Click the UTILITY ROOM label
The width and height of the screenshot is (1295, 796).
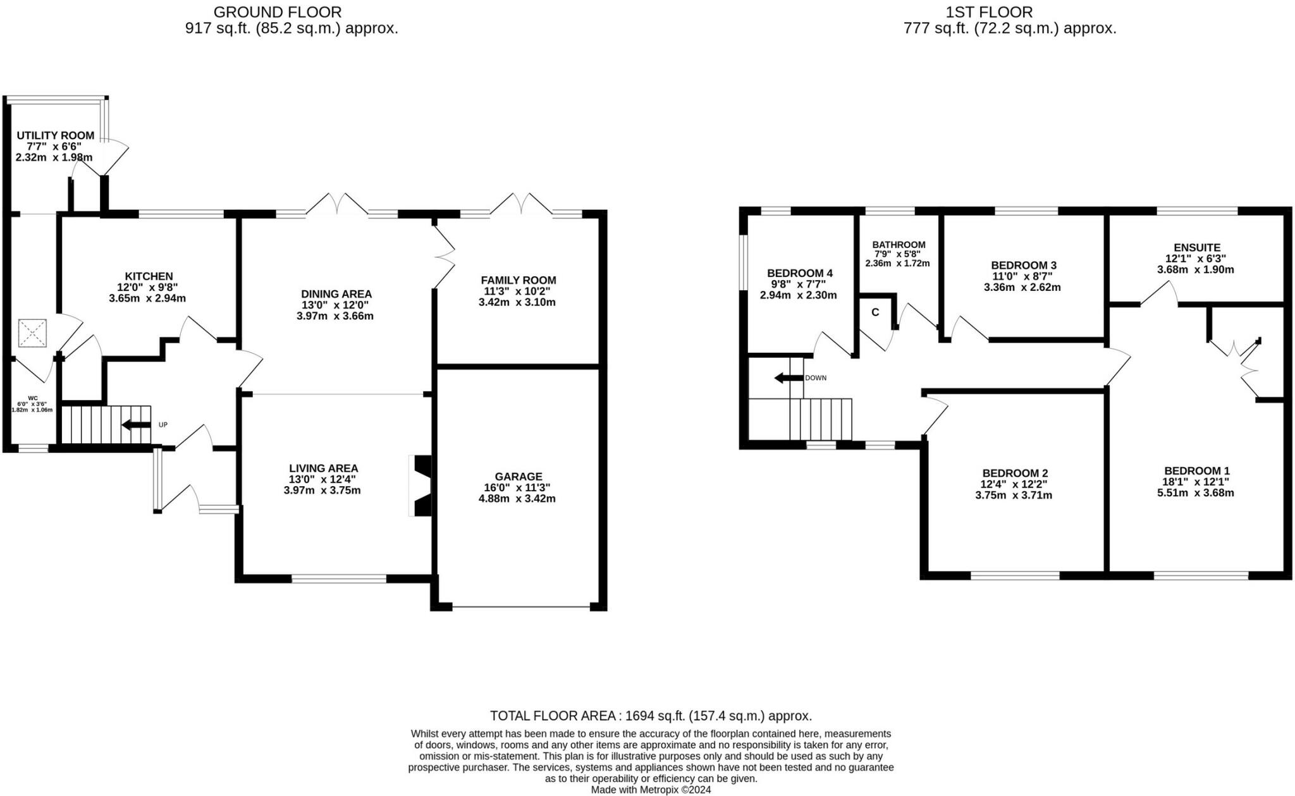pos(56,135)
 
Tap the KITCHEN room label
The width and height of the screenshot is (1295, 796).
pos(149,276)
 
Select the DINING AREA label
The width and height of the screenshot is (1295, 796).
pos(336,294)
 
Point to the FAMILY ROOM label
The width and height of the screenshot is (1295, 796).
pos(519,280)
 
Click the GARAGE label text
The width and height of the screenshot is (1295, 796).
pos(519,476)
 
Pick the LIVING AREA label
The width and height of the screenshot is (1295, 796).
pos(324,468)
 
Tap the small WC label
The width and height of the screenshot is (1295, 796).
pos(32,398)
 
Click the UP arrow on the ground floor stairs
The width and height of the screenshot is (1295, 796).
pos(136,425)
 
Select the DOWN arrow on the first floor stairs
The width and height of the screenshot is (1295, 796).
pos(789,378)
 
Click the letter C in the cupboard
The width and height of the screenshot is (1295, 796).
pos(875,312)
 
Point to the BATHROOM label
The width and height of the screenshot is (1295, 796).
pos(899,245)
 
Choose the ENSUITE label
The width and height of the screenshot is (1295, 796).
pos(1197,248)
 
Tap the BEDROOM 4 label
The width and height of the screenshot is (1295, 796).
pos(800,273)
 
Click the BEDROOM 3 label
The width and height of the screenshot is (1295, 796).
pos(1024,265)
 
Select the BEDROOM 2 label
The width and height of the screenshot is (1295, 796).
pos(1015,473)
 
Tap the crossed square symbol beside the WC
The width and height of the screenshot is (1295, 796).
pos(33,333)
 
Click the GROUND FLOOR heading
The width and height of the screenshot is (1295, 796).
pos(278,12)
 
